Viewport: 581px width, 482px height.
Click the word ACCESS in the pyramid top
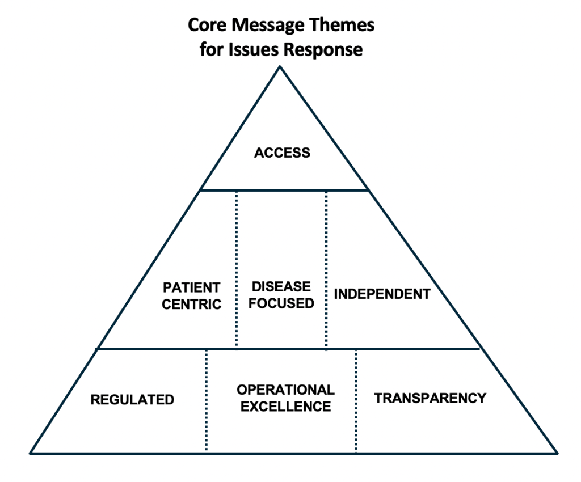(282, 153)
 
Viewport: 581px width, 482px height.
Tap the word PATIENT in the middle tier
(191, 287)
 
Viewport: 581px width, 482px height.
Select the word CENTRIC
(191, 305)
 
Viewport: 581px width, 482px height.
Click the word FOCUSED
(281, 303)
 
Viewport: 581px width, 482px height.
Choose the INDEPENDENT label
(382, 294)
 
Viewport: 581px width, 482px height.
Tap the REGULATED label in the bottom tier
(132, 400)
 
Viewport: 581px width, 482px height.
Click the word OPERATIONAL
(285, 390)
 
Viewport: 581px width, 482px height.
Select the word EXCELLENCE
(285, 407)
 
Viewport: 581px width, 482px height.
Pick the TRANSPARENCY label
(430, 398)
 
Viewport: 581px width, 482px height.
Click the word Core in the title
(206, 26)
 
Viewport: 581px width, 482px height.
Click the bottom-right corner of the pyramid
(557, 453)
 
